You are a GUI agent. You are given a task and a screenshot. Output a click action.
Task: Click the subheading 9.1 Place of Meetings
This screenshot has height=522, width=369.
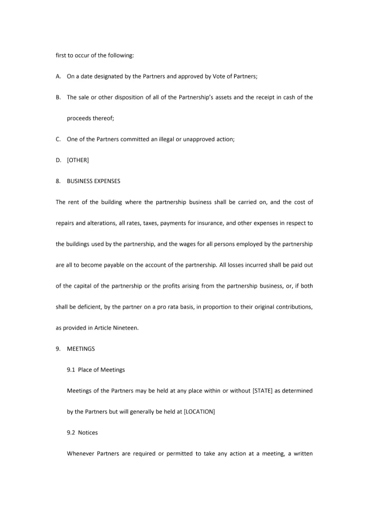point(96,370)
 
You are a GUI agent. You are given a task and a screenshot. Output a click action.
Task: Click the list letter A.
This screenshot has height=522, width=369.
point(58,76)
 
